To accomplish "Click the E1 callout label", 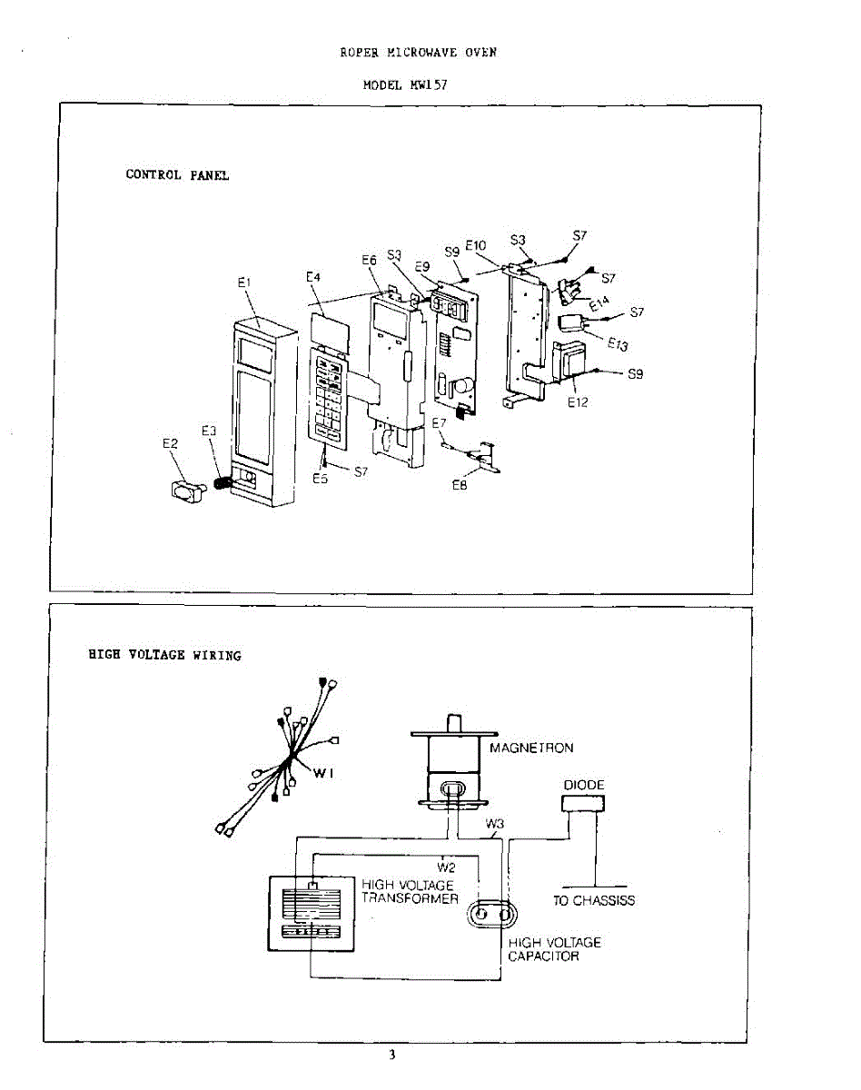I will point(243,283).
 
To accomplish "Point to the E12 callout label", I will point(578,403).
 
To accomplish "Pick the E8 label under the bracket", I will point(460,486).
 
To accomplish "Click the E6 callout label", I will point(369,260).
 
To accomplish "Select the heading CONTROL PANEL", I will point(177,175).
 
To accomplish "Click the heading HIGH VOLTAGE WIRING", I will point(164,655).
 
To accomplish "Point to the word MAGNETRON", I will point(531,748).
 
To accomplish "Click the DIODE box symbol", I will point(584,803).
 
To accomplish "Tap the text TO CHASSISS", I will point(594,901).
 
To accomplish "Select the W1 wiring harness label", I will point(325,773).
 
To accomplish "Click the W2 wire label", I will point(445,867).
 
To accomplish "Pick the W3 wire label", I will point(494,825).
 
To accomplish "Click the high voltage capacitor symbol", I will point(490,913).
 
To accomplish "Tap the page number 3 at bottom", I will point(391,1055).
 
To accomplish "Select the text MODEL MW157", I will point(405,84).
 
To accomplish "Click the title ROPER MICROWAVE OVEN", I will point(418,53).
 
